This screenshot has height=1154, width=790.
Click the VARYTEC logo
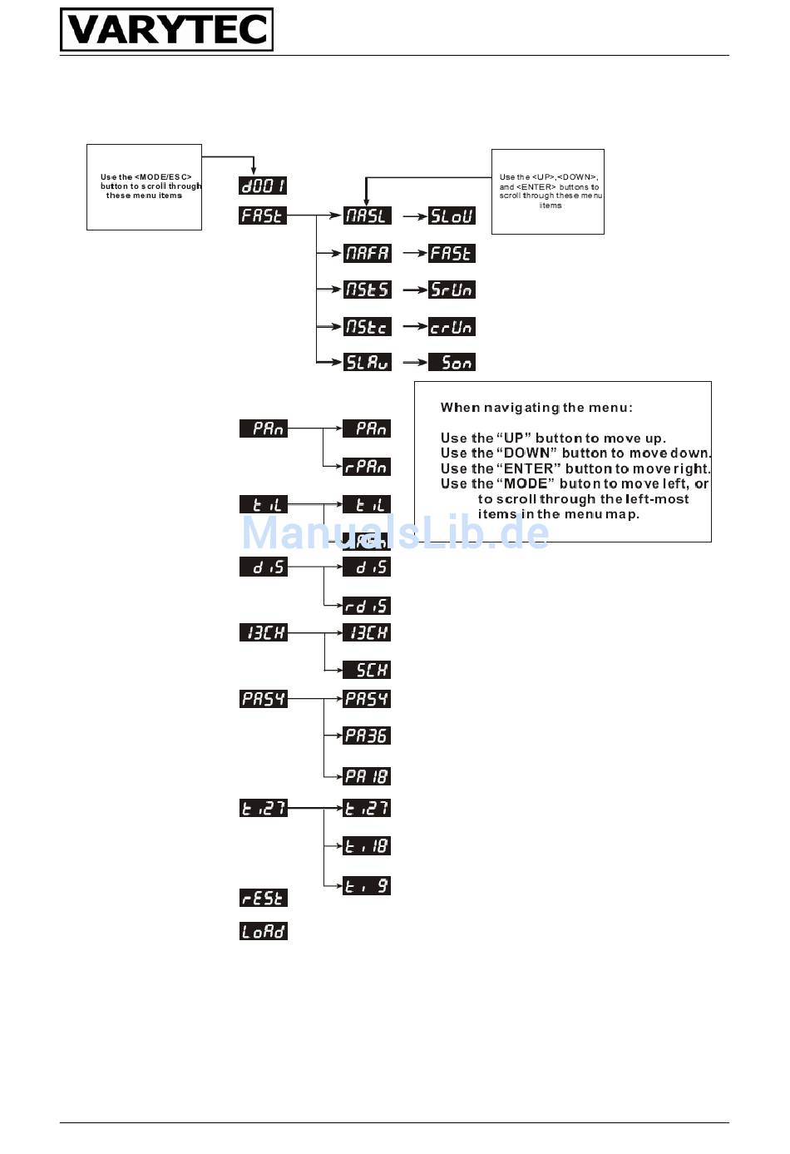[x=166, y=30]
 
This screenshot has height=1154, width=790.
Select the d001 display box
[x=263, y=186]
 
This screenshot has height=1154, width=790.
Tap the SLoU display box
[x=452, y=215]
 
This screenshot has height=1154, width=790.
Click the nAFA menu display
[x=367, y=253]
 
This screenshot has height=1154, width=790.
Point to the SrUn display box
[x=452, y=290]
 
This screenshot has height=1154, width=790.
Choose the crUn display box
[x=452, y=327]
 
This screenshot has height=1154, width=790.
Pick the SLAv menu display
[x=367, y=362]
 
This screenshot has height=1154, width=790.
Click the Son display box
[x=452, y=362]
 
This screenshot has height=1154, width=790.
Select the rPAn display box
[x=367, y=467]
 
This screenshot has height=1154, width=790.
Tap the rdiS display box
[x=367, y=606]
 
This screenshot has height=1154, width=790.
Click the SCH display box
[x=367, y=670]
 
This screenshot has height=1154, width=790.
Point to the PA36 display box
[x=367, y=735]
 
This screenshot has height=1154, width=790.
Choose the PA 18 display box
[x=367, y=776]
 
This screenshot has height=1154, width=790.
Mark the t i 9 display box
[x=367, y=886]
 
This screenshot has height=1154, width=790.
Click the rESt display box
[x=263, y=898]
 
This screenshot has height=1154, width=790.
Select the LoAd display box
[x=263, y=931]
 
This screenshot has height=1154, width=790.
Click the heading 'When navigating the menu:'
[x=536, y=408]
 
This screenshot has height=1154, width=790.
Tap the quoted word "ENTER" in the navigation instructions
[x=528, y=468]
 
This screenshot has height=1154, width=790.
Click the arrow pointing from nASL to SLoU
[x=415, y=216]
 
